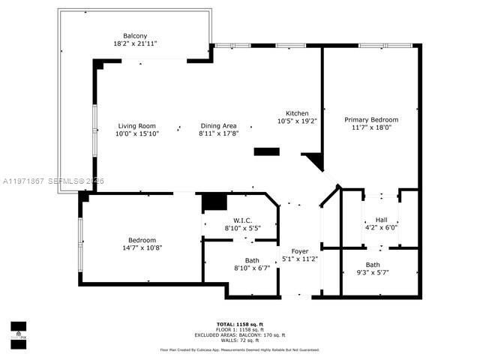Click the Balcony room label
click(x=136, y=35)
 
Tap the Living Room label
click(x=136, y=126)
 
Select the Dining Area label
click(x=218, y=126)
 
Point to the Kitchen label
click(x=297, y=112)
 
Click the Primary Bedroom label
click(x=371, y=119)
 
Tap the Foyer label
click(x=299, y=250)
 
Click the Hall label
click(x=381, y=220)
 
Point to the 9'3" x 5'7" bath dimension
click(x=373, y=272)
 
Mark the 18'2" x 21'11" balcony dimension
click(x=136, y=43)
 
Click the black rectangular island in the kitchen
click(x=266, y=151)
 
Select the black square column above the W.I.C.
click(x=214, y=202)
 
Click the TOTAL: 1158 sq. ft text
click(x=240, y=325)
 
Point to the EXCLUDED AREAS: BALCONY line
click(x=240, y=335)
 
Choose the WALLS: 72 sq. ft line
click(x=240, y=340)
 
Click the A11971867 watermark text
click(x=22, y=181)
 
